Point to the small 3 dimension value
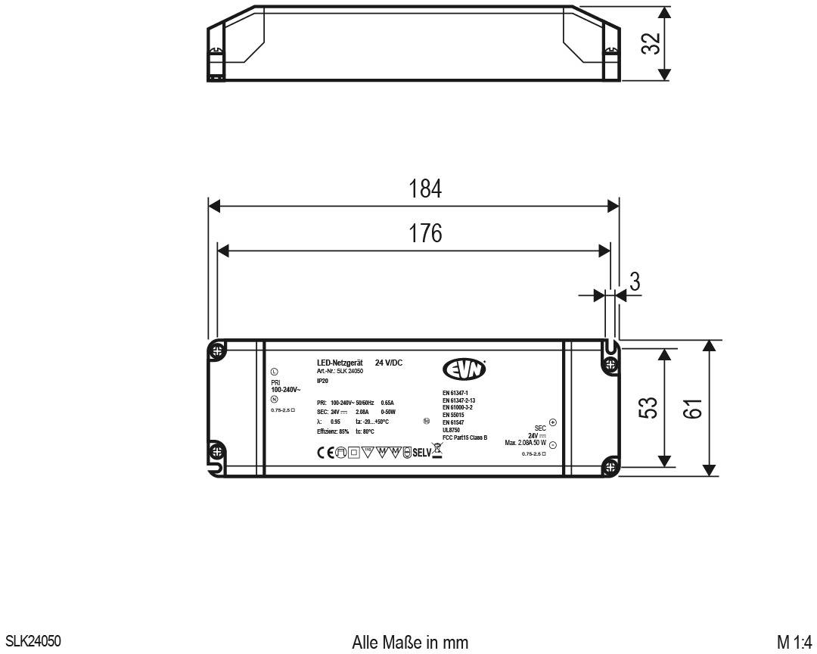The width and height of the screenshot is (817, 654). click(x=635, y=282)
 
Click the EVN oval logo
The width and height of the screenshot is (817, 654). click(x=464, y=369)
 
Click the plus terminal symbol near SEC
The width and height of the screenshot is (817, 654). click(x=552, y=422)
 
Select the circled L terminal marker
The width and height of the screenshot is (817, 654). click(x=274, y=372)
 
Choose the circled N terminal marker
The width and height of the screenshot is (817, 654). click(x=274, y=398)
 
